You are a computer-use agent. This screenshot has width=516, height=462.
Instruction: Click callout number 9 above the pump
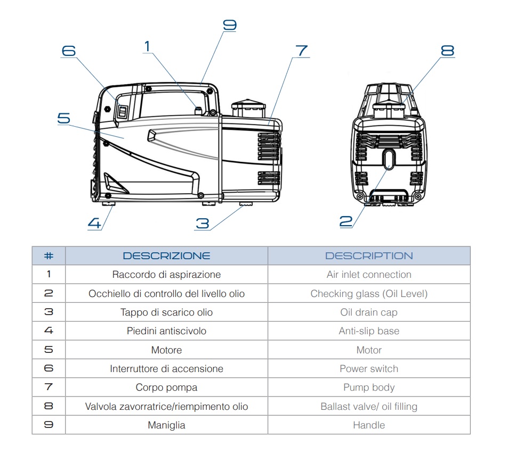pos(229,25)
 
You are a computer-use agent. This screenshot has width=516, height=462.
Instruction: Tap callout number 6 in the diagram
pos(69,51)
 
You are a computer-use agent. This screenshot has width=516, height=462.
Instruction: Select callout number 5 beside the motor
pos(63,118)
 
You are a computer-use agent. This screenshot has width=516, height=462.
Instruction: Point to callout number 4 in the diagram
pos(94,223)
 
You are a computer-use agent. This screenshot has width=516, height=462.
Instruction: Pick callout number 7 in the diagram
pos(301,51)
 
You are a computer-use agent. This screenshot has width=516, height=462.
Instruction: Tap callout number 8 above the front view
pos(447,51)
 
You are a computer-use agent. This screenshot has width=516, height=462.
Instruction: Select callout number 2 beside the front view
pos(346,221)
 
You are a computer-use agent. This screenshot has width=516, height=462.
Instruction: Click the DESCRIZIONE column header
pos(166,255)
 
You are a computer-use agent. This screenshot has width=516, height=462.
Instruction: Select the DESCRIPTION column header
pos(369,255)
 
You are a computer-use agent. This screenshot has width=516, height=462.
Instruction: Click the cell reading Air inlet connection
pos(369,275)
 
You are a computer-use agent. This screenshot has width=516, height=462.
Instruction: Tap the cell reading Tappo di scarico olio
pos(166,312)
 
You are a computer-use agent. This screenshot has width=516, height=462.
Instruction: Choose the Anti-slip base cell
pos(369,331)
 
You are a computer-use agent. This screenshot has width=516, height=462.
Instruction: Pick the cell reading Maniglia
pos(166,425)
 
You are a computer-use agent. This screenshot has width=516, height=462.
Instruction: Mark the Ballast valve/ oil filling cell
pos(369,407)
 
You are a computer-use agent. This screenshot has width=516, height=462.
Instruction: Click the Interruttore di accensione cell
pos(166,369)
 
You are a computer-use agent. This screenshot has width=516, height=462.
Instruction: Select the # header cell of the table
pos(49,255)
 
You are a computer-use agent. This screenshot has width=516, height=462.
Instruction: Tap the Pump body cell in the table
pos(369,387)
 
